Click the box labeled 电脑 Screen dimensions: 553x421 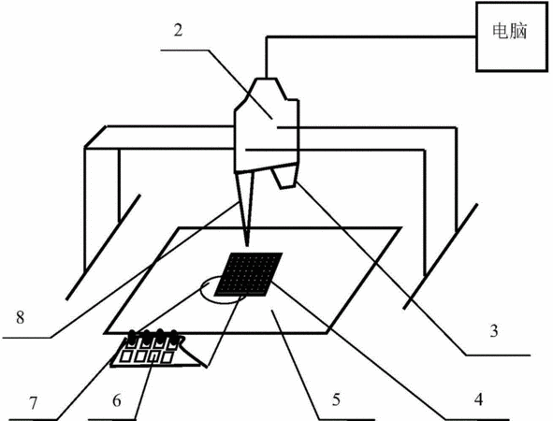(x=512, y=36)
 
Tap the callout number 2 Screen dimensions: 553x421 (x=179, y=30)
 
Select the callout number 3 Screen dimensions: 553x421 (x=494, y=331)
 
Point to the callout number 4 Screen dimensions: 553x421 (x=478, y=399)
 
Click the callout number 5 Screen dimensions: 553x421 (x=336, y=399)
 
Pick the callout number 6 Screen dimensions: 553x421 (x=117, y=400)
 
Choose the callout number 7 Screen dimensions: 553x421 (x=33, y=403)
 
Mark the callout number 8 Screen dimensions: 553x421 (x=20, y=317)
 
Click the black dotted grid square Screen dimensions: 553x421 (x=249, y=273)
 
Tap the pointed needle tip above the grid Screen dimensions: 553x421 (x=247, y=245)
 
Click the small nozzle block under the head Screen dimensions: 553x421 (x=284, y=178)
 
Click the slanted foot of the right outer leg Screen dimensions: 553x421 (x=440, y=256)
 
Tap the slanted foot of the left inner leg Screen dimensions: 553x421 (x=103, y=247)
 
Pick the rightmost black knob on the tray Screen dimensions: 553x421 (x=173, y=336)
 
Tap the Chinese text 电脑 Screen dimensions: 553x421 (x=510, y=31)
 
